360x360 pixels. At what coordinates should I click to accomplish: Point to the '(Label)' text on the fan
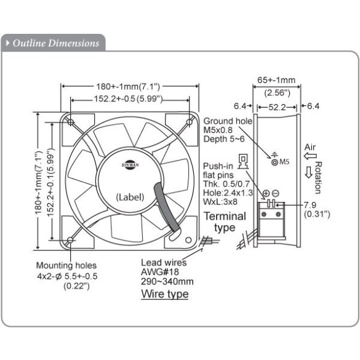130,197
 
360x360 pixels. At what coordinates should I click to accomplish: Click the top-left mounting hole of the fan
71,122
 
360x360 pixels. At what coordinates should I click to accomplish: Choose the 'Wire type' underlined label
165,294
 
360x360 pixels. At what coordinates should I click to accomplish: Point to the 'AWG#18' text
156,272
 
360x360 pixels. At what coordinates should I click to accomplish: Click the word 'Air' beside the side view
311,148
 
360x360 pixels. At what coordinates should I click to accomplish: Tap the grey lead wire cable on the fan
166,209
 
